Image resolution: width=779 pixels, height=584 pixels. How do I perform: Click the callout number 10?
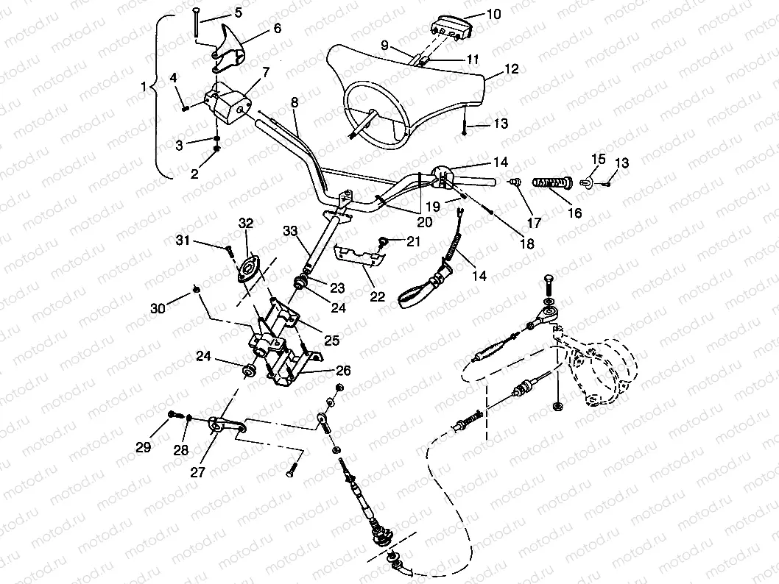click(493, 13)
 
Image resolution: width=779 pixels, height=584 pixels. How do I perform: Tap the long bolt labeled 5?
click(197, 23)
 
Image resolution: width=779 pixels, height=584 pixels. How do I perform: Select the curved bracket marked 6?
click(229, 43)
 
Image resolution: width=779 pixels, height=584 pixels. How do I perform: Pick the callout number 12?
click(512, 69)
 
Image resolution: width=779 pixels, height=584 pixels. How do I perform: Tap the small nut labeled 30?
click(197, 288)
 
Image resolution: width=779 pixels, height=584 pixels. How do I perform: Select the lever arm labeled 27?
click(224, 424)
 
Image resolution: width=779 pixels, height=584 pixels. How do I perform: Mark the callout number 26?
click(344, 370)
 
